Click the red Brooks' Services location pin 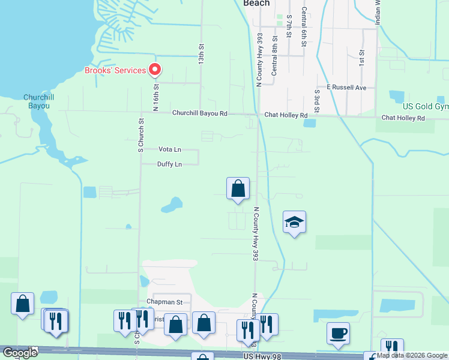point(154,70)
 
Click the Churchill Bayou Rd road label point(200,113)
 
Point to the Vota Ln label point(170,149)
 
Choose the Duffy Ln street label point(169,164)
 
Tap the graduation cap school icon point(294,223)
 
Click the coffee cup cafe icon point(339,334)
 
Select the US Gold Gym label point(426,106)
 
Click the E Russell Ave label point(346,88)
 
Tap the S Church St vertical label point(141,137)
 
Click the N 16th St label point(155,98)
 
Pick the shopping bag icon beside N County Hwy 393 point(238,188)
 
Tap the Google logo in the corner point(20,353)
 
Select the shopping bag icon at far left point(23,304)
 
